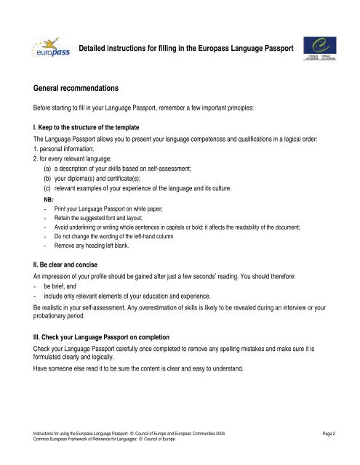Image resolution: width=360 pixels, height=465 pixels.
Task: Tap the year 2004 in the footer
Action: point(227,434)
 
